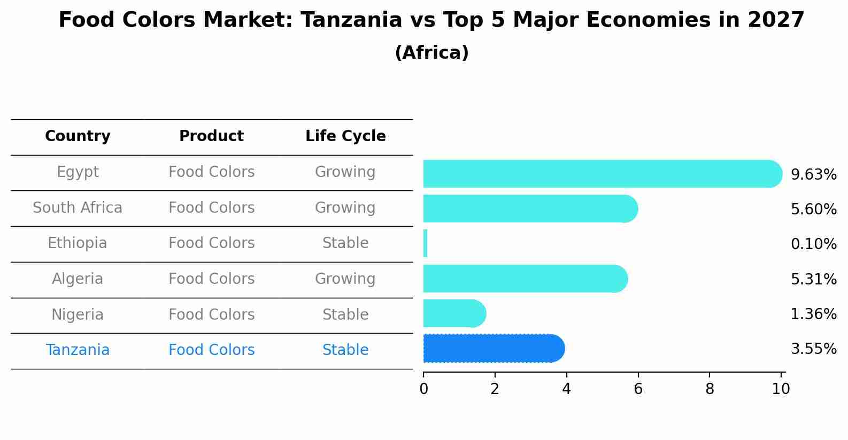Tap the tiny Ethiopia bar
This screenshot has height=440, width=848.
(x=426, y=243)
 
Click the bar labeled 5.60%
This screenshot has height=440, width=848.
(x=529, y=209)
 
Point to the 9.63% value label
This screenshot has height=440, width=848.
(x=813, y=175)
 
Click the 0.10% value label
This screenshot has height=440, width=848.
(x=813, y=244)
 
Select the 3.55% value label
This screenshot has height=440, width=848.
(x=813, y=349)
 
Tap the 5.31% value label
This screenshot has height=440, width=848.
(x=813, y=279)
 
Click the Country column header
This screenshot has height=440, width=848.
(x=78, y=136)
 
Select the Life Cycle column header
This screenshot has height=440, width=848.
(x=345, y=136)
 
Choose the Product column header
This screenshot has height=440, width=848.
(x=211, y=136)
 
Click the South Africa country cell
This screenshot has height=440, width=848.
(x=78, y=207)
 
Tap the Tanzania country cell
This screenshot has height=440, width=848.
(x=78, y=350)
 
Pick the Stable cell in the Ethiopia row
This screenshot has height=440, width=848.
(x=345, y=243)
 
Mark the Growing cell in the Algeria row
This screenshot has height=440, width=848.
(x=345, y=279)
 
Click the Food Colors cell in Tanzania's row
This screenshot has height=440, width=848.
(x=211, y=350)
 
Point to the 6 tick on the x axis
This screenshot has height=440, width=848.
(x=638, y=389)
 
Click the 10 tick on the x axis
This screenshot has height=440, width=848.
(x=781, y=389)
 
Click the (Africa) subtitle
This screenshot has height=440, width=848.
(x=431, y=53)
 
